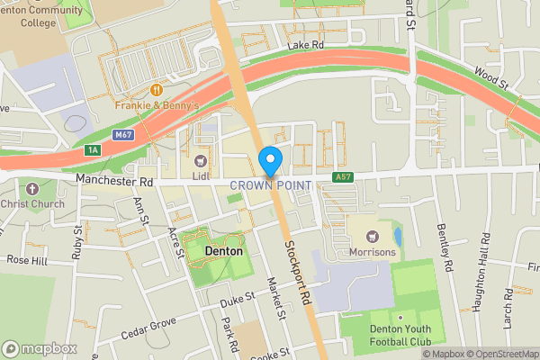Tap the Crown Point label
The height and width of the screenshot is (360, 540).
270,185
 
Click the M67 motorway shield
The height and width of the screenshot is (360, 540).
124,135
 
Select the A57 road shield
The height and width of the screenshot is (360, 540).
341,176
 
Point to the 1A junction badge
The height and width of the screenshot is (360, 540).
93,150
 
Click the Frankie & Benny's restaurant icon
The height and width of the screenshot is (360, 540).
157,89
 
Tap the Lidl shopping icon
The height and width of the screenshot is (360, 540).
201,160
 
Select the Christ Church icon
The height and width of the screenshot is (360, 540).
32,189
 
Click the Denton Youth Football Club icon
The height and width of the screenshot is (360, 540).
399,318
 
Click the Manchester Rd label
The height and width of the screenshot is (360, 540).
115,181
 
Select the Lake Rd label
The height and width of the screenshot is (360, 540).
304,45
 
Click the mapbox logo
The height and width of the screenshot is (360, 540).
38,347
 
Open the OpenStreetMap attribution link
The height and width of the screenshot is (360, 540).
498,354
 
